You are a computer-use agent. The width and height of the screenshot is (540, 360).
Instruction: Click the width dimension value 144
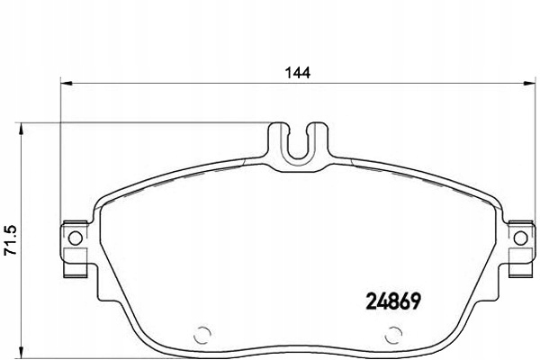coord(299,75)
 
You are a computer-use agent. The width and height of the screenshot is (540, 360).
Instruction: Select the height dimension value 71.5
coord(10,240)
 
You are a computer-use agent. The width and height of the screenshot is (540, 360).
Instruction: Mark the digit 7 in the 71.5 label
coord(10,254)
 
